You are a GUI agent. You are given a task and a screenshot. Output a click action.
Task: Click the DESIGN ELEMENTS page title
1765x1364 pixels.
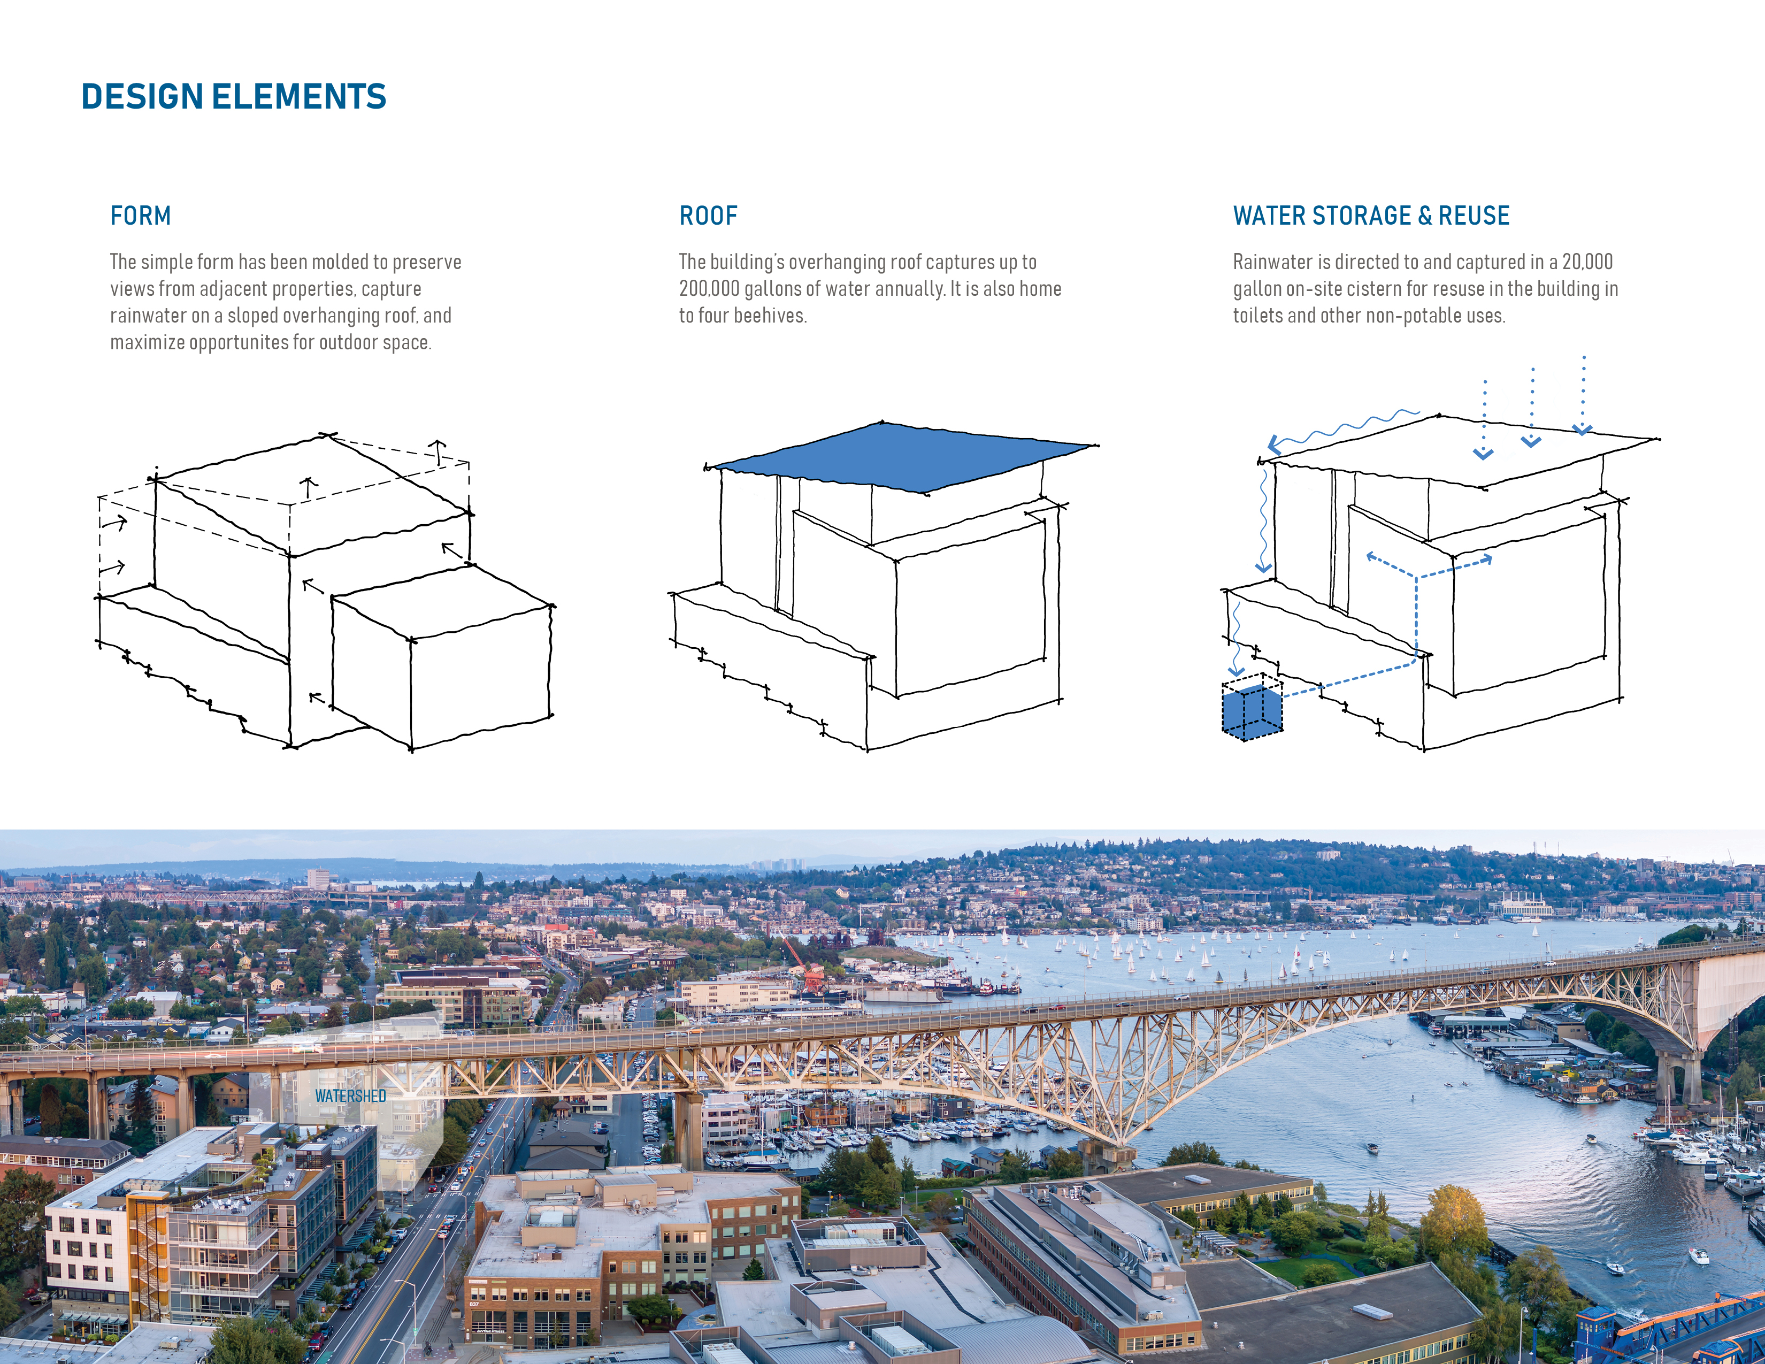pyautogui.click(x=234, y=97)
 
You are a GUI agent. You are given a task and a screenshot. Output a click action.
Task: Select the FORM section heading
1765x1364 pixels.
pyautogui.click(x=141, y=216)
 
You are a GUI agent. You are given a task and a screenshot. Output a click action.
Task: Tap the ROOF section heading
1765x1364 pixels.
pyautogui.click(x=708, y=216)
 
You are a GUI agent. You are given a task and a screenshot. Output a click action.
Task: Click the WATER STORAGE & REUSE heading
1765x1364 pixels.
pyautogui.click(x=1371, y=216)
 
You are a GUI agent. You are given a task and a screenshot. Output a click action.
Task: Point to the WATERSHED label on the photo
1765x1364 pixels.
pyautogui.click(x=351, y=1095)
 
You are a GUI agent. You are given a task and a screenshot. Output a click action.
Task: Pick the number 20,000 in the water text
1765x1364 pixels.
pyautogui.click(x=1587, y=262)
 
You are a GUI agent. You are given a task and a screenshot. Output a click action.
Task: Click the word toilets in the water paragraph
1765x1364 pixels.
pyautogui.click(x=1257, y=316)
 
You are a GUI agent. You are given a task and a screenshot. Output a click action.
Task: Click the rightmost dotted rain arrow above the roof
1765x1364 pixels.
pyautogui.click(x=1583, y=394)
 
